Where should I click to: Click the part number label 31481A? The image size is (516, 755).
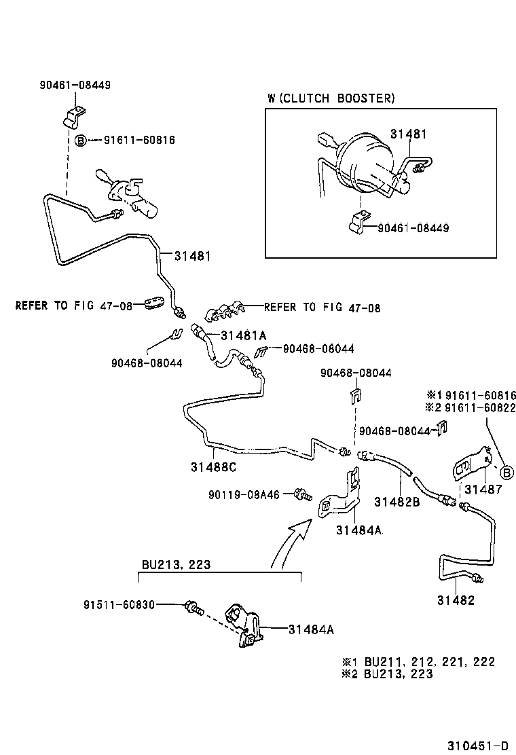pyautogui.click(x=243, y=335)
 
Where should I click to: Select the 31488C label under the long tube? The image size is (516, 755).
pyautogui.click(x=214, y=467)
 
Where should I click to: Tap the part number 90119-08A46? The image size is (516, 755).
pyautogui.click(x=244, y=495)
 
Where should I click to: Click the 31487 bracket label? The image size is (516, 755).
pyautogui.click(x=483, y=490)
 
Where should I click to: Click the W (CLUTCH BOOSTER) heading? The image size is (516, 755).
pyautogui.click(x=331, y=98)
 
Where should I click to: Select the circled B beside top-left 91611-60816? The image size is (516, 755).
pyautogui.click(x=80, y=141)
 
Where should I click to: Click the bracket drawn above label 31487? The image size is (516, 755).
pyautogui.click(x=471, y=466)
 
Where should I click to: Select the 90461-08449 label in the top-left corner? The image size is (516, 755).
pyautogui.click(x=75, y=85)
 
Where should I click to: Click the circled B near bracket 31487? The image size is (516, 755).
pyautogui.click(x=505, y=472)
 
